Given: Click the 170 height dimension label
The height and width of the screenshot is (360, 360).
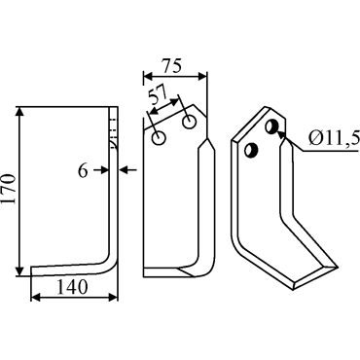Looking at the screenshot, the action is point(9,189).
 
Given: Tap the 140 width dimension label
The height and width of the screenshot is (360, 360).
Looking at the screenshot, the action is point(73,286).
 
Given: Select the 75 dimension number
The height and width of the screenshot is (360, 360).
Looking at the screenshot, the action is point(172,66).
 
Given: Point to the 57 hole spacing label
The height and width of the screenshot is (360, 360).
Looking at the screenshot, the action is point(157,94).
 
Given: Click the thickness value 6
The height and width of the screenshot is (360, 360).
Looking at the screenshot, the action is point(83,171).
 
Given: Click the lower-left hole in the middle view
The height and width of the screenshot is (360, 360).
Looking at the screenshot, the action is point(159,138).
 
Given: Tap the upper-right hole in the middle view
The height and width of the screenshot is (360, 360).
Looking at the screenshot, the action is point(189,122).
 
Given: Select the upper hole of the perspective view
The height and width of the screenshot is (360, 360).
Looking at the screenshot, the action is point(272,126).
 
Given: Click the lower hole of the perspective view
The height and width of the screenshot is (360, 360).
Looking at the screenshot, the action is point(251,151).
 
